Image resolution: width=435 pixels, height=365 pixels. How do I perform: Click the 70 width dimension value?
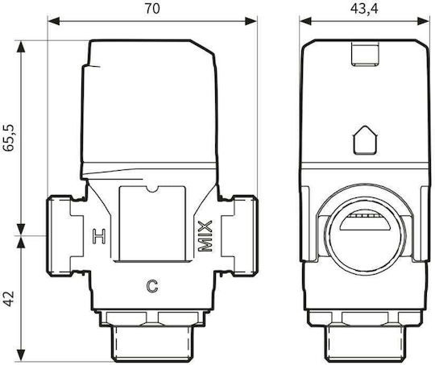pos(152,9)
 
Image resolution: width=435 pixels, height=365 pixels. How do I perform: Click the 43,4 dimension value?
pos(364,9)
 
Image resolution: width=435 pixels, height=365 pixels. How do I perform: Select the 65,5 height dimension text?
pos(9,138)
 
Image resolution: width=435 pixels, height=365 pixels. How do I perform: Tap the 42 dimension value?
pos(9,299)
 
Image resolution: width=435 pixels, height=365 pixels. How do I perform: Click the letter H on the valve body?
pos(99,237)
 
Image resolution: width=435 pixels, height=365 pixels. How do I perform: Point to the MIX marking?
pos(205,236)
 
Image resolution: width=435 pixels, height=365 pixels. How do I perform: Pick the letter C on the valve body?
pos(152,286)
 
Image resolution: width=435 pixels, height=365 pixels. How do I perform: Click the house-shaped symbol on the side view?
pos(366,140)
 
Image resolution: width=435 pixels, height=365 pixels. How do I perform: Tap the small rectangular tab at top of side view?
pos(365,54)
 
